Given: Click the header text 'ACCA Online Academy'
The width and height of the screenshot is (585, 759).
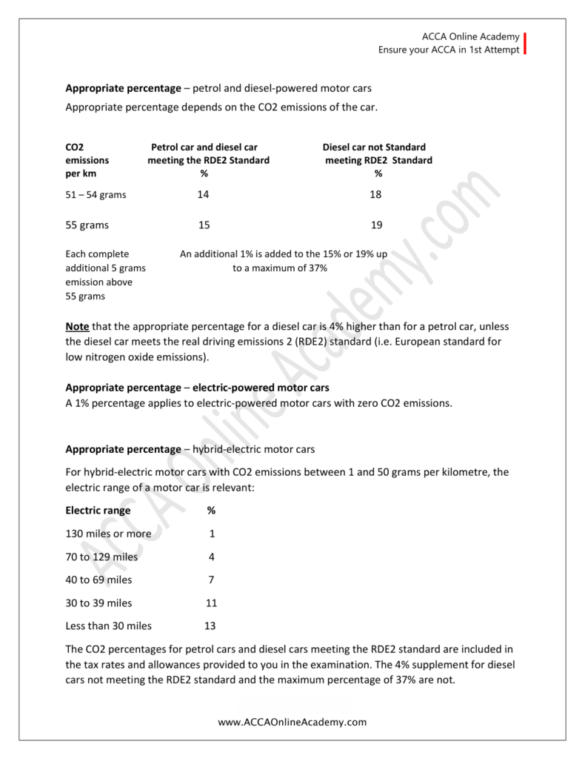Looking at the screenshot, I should point(471,36).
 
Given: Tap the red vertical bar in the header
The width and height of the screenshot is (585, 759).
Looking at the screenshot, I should point(525,44).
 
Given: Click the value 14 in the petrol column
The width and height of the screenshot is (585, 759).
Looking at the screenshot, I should point(204,194).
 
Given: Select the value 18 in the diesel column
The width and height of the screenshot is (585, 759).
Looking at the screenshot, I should point(377,194).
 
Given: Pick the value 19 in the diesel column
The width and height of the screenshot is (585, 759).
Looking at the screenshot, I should point(377,225).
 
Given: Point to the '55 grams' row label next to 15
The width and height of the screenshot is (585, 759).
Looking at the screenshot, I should point(87,225).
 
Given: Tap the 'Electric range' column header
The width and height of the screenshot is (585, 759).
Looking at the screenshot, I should point(98,511).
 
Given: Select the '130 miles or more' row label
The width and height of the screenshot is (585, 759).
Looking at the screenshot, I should point(108,534).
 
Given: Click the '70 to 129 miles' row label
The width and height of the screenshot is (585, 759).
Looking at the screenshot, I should point(101,557).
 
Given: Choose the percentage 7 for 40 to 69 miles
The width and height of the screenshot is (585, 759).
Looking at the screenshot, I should point(211,580).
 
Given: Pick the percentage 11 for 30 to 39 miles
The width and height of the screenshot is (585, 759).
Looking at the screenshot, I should point(211,603).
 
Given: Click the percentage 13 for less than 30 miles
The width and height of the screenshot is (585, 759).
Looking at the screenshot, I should point(210,626).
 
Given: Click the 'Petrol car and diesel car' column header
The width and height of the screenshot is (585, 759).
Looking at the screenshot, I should point(204,148).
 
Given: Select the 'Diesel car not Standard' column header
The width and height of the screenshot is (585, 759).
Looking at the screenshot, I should point(374,148).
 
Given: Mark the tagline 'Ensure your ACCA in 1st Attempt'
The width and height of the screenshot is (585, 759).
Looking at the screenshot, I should point(449,50).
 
